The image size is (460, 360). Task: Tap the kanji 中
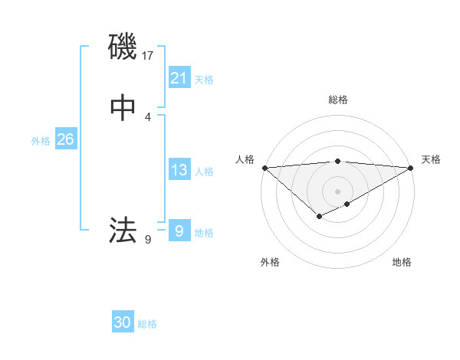[123, 108]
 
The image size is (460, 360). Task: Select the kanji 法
[123, 230]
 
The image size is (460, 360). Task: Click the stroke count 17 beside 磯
[148, 55]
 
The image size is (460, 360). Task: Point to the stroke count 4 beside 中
[148, 116]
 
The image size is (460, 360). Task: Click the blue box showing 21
[179, 78]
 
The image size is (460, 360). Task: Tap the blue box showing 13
[179, 170]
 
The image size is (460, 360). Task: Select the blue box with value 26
[65, 139]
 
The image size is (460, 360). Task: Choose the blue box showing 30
[122, 322]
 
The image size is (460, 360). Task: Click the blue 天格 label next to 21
[204, 80]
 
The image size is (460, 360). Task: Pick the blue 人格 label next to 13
[204, 172]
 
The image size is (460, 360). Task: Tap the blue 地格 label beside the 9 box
[204, 233]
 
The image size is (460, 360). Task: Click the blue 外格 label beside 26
[41, 141]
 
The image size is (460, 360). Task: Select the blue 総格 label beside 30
[147, 324]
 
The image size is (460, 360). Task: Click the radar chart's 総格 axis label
[337, 100]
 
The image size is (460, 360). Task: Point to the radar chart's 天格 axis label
[431, 159]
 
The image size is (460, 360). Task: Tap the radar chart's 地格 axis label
[402, 262]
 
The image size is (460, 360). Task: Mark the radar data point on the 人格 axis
[264, 168]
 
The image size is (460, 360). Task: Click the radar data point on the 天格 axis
[411, 168]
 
